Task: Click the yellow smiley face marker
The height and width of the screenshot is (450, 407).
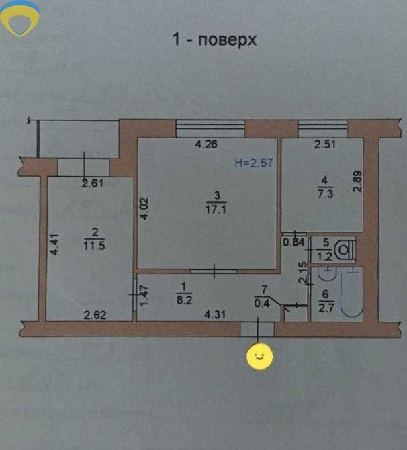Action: pyautogui.click(x=260, y=357)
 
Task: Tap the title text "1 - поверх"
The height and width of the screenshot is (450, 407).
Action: pyautogui.click(x=214, y=40)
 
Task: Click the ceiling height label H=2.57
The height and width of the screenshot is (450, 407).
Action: pyautogui.click(x=254, y=163)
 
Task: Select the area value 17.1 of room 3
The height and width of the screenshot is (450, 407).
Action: pyautogui.click(x=216, y=209)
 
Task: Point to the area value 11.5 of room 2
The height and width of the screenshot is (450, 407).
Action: pyautogui.click(x=94, y=246)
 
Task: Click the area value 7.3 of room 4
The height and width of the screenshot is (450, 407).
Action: pyautogui.click(x=325, y=193)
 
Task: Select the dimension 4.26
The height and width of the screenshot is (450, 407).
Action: pyautogui.click(x=206, y=144)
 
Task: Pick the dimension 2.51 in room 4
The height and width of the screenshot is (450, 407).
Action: pyautogui.click(x=324, y=144)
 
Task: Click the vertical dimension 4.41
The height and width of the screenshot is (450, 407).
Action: pyautogui.click(x=54, y=244)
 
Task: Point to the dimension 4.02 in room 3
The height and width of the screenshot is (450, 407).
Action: pyautogui.click(x=144, y=208)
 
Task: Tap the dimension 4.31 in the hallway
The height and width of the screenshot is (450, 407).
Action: pyautogui.click(x=215, y=314)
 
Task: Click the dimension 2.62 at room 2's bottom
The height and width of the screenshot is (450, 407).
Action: pyautogui.click(x=95, y=315)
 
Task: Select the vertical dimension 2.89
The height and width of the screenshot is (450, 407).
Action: pyautogui.click(x=357, y=181)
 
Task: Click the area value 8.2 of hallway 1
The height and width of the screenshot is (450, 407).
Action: pyautogui.click(x=184, y=300)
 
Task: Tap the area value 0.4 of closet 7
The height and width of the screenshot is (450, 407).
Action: pyautogui.click(x=262, y=303)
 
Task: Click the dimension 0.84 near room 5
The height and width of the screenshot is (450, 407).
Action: pyautogui.click(x=293, y=242)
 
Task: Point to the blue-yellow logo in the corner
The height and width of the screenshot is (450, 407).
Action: pyautogui.click(x=19, y=17)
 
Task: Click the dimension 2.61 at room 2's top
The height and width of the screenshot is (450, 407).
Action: pyautogui.click(x=92, y=183)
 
